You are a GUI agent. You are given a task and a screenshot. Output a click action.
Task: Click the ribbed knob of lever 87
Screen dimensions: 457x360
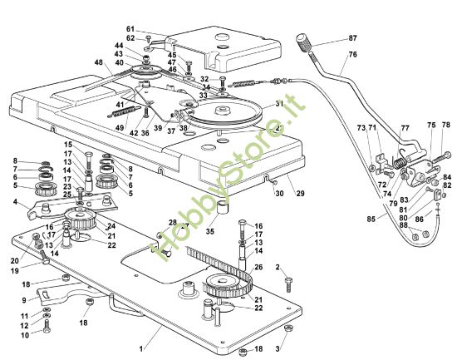coord(304,43)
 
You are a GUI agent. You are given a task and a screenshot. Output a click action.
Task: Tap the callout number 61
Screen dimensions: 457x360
coord(130,29)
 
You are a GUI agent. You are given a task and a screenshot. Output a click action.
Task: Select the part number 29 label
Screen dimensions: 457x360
coord(300,193)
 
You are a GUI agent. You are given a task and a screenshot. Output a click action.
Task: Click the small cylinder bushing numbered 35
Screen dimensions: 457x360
coord(223,207)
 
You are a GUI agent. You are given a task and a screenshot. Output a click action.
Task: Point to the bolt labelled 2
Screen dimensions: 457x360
coord(289,284)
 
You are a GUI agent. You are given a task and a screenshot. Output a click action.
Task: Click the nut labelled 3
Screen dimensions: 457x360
coord(288,328)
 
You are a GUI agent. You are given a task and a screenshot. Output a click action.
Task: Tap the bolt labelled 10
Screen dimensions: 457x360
coord(47,326)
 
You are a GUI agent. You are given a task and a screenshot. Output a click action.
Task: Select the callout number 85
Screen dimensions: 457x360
coord(371,219)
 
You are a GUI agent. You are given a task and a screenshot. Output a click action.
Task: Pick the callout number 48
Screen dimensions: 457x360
coord(99,62)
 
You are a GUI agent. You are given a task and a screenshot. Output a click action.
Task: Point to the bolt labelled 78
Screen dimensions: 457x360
coord(440,157)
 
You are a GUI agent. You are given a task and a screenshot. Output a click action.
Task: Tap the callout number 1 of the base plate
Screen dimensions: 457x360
coord(141,349)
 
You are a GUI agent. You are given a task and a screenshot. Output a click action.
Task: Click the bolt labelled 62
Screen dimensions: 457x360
coord(149,38)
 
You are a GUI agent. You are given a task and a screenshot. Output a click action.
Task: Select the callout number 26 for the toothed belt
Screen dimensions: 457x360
coord(258,267)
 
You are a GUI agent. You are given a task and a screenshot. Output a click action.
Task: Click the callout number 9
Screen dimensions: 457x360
coord(24,300)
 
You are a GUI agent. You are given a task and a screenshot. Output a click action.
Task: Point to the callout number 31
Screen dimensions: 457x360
coord(279,104)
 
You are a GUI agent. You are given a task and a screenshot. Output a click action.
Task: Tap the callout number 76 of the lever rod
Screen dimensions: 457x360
coord(352,54)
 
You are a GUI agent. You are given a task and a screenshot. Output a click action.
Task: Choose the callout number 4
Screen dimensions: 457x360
coord(15,201)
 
